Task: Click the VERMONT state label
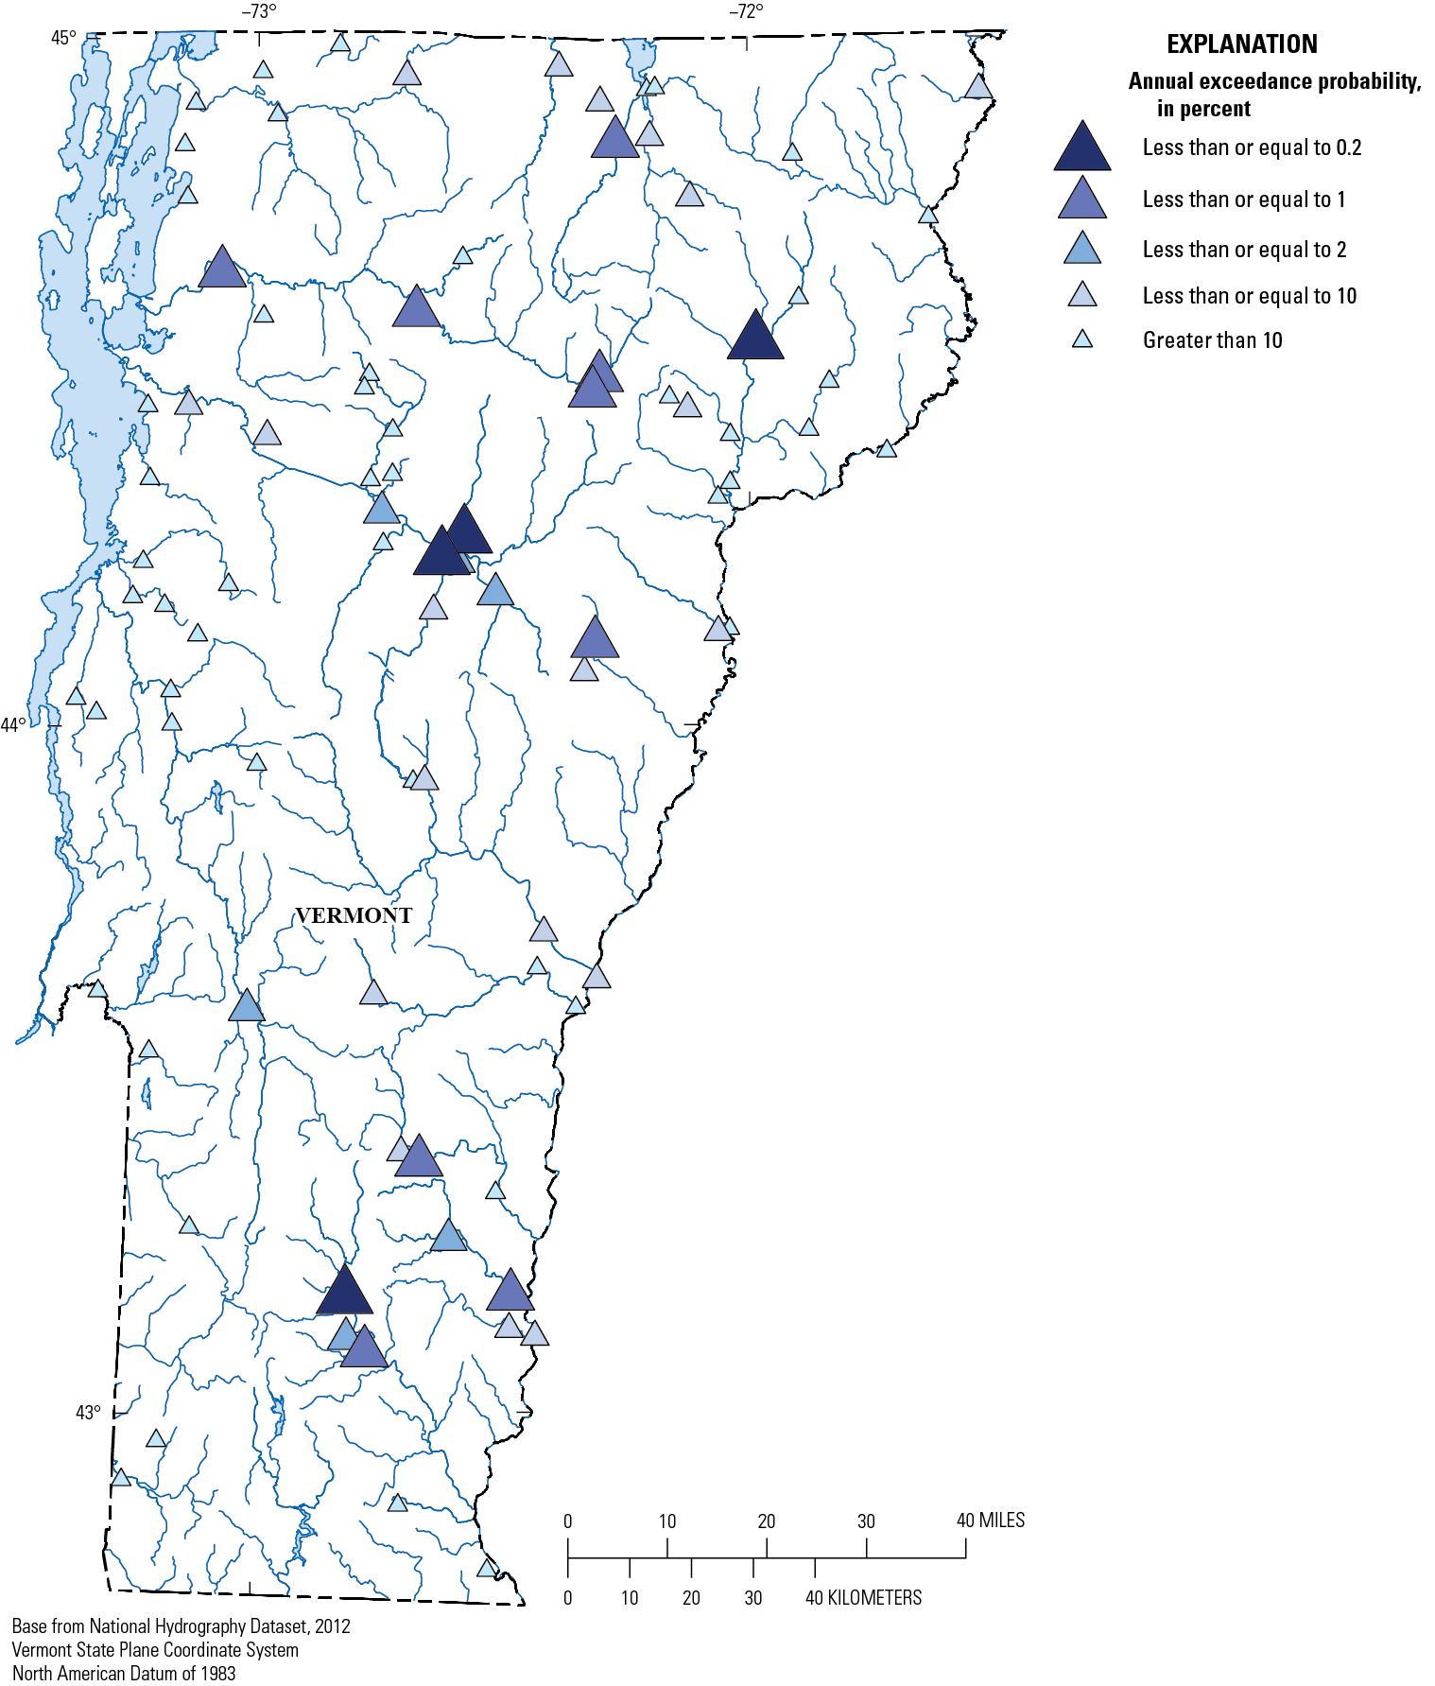click(x=354, y=915)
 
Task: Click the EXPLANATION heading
click(x=1241, y=44)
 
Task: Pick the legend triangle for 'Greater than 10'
click(x=1081, y=339)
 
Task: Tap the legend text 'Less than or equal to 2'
click(x=1244, y=250)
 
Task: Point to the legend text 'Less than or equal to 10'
click(x=1249, y=296)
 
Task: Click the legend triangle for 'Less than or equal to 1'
click(x=1081, y=199)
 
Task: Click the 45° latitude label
click(x=63, y=38)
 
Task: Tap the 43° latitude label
click(x=88, y=1412)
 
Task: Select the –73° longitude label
click(x=259, y=12)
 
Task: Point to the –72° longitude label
click(x=746, y=12)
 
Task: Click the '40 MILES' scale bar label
click(x=990, y=1521)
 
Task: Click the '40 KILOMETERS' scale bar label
click(x=863, y=1597)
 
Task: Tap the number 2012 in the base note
click(x=332, y=1625)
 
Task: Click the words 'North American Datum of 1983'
click(x=124, y=1673)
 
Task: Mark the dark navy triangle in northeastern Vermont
click(x=754, y=337)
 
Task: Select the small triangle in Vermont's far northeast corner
click(x=978, y=87)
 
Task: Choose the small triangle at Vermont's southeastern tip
click(x=486, y=1568)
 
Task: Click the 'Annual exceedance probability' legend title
click(x=1273, y=82)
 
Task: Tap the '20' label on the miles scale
click(x=766, y=1521)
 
